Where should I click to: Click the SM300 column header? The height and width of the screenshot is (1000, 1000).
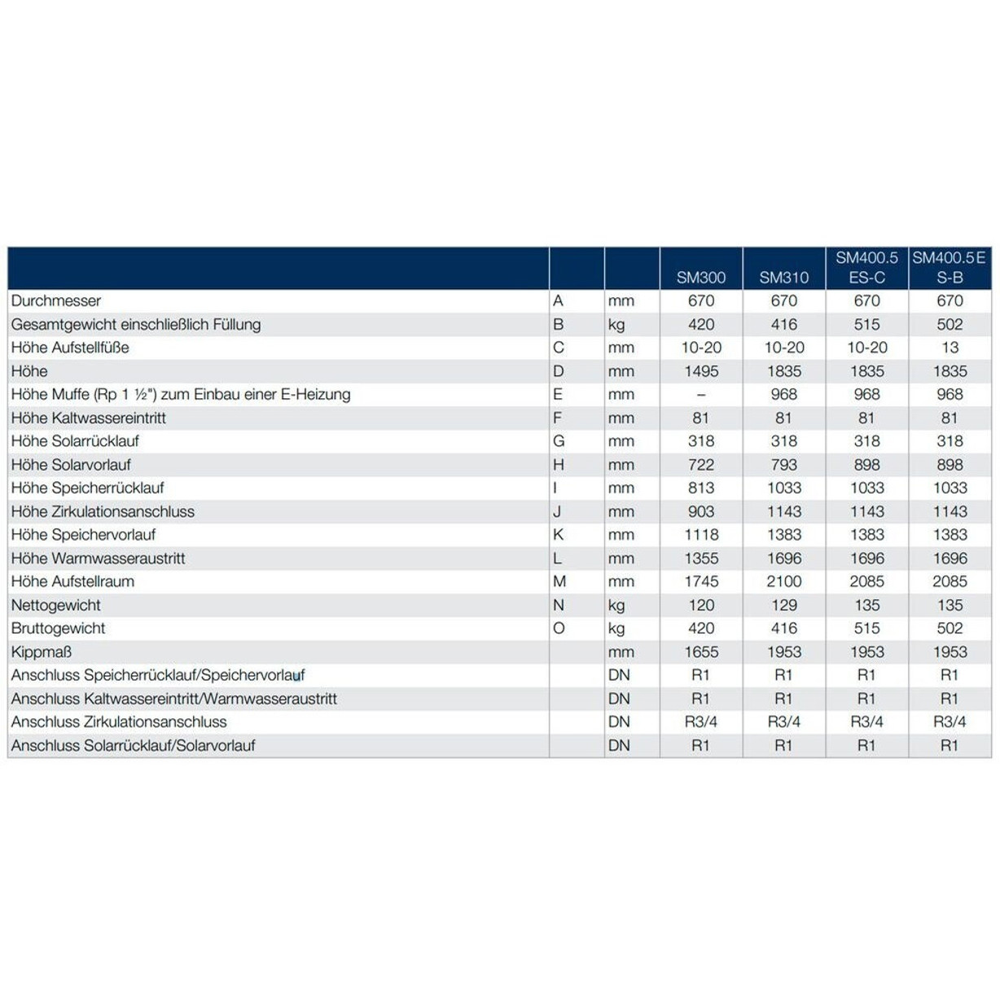tap(700, 278)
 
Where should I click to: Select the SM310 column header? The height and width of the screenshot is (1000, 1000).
tap(783, 278)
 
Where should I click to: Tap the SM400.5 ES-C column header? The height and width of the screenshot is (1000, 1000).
tap(866, 268)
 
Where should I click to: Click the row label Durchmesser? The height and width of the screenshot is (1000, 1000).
tap(56, 301)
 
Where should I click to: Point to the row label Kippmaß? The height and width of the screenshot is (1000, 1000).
tap(42, 652)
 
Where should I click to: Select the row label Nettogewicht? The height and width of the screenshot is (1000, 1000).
tap(56, 605)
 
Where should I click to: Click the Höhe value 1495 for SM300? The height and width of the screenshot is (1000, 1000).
tap(700, 371)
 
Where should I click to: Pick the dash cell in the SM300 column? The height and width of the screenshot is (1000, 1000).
tap(700, 395)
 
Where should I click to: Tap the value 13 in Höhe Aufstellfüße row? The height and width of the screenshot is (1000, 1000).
tap(950, 348)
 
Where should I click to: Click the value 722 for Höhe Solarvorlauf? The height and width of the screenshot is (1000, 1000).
tap(700, 465)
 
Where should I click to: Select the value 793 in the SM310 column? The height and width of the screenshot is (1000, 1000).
tap(783, 465)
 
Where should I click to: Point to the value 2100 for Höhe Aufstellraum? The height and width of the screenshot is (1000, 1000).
tap(783, 581)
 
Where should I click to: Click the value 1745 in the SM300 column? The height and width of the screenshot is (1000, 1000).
tap(700, 581)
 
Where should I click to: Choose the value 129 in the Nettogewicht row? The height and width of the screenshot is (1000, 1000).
tap(783, 605)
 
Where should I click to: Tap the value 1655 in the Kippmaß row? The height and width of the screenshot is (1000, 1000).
tap(700, 652)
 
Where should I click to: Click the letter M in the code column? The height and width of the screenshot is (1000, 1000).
tap(559, 581)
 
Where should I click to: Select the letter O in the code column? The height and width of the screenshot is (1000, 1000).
tap(559, 629)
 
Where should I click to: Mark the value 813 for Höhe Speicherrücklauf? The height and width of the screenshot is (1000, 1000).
tap(700, 488)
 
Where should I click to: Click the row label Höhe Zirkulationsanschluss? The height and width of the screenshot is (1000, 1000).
tap(103, 511)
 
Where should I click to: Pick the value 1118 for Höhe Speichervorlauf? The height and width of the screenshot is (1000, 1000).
tap(700, 535)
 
